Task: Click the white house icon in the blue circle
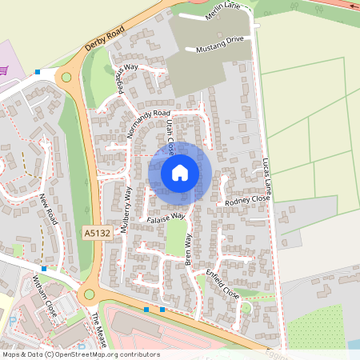pos(180,172)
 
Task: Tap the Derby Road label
pos(106,40)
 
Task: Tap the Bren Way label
pos(190,249)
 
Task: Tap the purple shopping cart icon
pos(4,70)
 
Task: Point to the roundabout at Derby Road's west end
pos(66,78)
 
